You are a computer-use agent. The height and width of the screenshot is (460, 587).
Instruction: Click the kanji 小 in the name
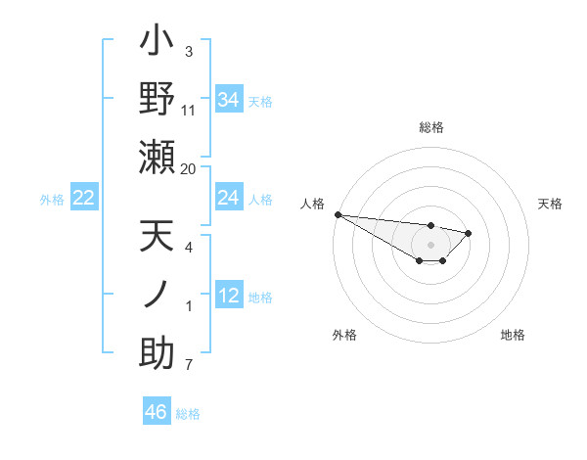click(157, 42)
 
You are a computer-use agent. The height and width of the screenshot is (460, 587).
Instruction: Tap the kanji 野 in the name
click(157, 98)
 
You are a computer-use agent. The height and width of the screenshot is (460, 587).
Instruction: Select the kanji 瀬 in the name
click(157, 157)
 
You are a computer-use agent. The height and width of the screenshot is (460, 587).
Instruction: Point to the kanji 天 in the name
click(157, 237)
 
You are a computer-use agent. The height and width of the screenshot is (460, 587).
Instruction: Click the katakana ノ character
click(157, 294)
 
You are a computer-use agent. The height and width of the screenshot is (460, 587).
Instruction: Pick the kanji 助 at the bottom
click(157, 353)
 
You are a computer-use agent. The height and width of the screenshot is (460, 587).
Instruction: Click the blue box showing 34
click(228, 99)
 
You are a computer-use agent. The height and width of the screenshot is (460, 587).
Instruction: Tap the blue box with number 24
click(228, 198)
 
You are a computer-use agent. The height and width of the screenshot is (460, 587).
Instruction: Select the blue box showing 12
click(228, 296)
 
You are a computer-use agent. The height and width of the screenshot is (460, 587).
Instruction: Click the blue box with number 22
click(84, 198)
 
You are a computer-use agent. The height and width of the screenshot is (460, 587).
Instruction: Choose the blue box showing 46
click(157, 411)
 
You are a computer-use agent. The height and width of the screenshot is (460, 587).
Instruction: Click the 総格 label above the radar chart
click(431, 127)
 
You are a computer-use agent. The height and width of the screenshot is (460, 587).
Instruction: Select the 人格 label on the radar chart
click(312, 204)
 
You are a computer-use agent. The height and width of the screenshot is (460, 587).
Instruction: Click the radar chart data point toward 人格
click(338, 214)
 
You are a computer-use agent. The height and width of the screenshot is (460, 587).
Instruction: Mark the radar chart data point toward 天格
click(469, 233)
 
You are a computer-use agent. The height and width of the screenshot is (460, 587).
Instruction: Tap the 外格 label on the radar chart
click(344, 335)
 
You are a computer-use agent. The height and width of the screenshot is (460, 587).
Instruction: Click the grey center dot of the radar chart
click(431, 245)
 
